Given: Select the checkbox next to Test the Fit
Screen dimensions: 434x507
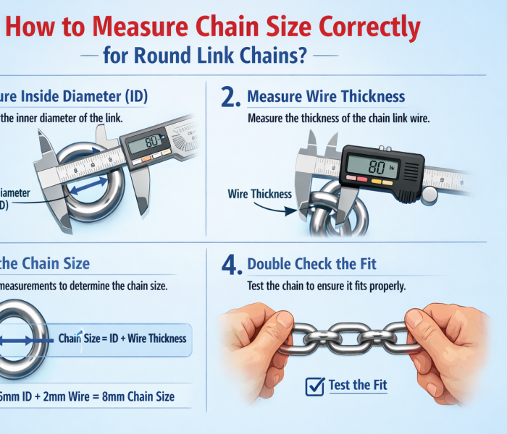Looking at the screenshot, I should click(x=314, y=386).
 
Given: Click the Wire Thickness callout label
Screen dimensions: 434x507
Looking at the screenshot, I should click(x=259, y=194).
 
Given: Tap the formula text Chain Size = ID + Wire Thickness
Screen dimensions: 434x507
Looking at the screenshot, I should click(x=122, y=338).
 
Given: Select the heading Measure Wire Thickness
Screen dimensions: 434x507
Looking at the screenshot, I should click(x=326, y=96).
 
